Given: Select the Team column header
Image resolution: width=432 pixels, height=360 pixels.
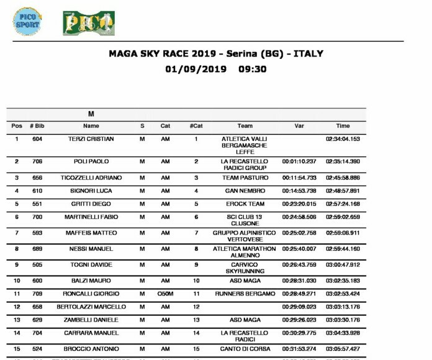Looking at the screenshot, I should (x=245, y=126).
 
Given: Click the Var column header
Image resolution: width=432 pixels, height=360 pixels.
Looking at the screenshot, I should (x=299, y=126).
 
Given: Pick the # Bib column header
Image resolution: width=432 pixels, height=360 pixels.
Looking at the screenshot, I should (x=37, y=126).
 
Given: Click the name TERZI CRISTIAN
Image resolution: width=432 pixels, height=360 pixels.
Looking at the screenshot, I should (x=91, y=139).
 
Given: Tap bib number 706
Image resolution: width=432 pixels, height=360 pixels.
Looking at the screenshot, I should (x=37, y=161).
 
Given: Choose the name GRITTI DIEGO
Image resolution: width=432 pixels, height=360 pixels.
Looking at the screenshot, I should (x=91, y=204).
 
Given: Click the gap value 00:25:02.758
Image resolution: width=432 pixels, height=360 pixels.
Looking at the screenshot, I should (x=299, y=233).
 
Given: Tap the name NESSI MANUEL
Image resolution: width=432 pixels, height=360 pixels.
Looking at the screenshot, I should (x=91, y=249).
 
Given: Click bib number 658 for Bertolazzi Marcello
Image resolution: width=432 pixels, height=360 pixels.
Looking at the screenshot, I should (x=37, y=307).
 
